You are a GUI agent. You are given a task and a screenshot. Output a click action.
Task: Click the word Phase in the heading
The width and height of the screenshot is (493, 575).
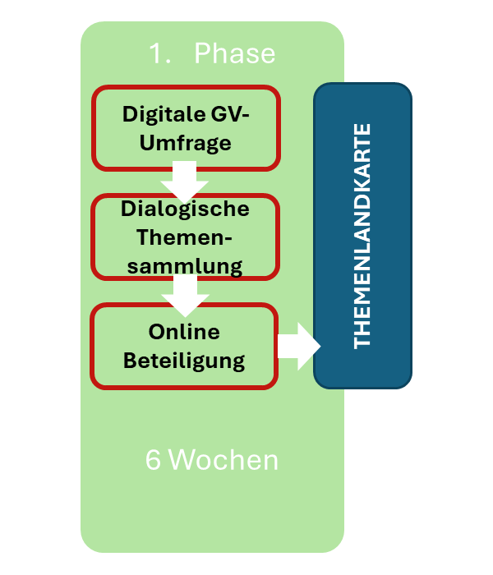pyautogui.click(x=235, y=54)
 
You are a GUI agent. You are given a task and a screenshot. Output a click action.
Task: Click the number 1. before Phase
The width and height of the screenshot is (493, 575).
pyautogui.click(x=159, y=54)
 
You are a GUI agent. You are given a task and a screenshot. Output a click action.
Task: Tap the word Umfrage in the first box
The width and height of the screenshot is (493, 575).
pyautogui.click(x=185, y=143)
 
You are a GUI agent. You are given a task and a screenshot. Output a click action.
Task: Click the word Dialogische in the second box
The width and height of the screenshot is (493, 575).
pyautogui.click(x=185, y=209)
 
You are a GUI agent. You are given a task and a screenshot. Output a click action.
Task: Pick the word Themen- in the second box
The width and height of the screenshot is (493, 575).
pyautogui.click(x=185, y=237)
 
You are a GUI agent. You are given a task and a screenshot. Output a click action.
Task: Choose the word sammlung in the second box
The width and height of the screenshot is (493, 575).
pyautogui.click(x=185, y=266)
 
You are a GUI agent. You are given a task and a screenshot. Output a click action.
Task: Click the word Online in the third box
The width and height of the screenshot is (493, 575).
pyautogui.click(x=185, y=332)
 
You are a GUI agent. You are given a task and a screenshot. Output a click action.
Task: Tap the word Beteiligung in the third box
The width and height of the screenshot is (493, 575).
pyautogui.click(x=185, y=360)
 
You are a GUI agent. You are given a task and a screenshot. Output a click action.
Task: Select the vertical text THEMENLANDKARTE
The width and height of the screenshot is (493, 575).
pyautogui.click(x=362, y=236)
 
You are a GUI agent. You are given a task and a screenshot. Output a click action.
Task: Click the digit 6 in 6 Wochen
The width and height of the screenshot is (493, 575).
pyautogui.click(x=153, y=461)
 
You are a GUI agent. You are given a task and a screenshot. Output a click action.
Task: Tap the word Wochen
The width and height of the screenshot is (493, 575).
pyautogui.click(x=223, y=461)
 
